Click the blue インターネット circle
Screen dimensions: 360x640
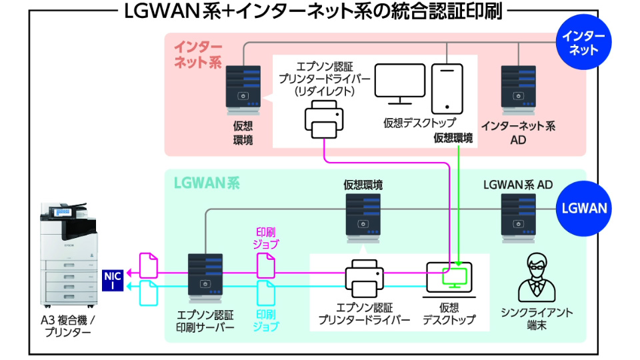(x=584, y=43)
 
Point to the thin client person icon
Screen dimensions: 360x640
(x=536, y=276)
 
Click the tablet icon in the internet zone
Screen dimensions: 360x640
(x=446, y=88)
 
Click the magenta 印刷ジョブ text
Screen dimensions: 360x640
(x=267, y=238)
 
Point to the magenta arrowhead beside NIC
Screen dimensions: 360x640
(x=131, y=273)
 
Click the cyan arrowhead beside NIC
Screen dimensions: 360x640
(x=131, y=287)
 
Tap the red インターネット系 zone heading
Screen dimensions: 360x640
(x=198, y=55)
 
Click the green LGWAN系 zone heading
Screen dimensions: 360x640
(x=197, y=181)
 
